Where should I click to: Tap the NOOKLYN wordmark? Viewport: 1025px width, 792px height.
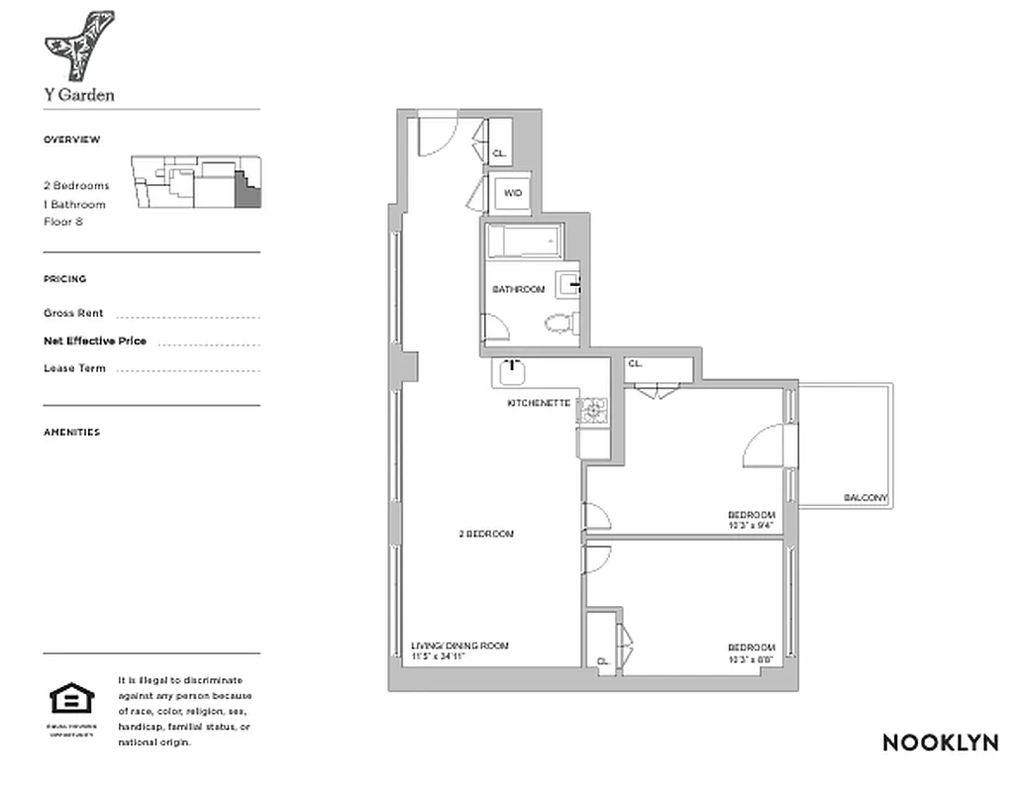(x=940, y=742)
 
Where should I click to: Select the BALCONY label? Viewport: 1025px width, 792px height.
(x=866, y=498)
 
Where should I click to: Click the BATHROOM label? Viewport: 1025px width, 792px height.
(x=519, y=289)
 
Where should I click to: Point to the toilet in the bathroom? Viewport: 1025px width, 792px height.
(x=561, y=322)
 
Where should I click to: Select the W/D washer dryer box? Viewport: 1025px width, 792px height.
(x=514, y=193)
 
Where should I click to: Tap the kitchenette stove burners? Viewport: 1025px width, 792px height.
(x=593, y=411)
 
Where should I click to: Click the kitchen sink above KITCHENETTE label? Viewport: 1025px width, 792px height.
(x=512, y=373)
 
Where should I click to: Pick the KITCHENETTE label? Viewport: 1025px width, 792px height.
(x=539, y=404)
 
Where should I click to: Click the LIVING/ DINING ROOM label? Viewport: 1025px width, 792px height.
(x=460, y=645)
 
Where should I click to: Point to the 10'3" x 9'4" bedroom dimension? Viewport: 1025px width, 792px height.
(x=752, y=526)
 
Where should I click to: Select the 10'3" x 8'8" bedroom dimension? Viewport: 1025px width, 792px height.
(x=752, y=659)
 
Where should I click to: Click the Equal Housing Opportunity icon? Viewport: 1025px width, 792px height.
(x=71, y=700)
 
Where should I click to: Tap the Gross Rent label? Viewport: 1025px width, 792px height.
(x=73, y=313)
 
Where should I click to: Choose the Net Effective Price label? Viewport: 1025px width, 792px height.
(x=95, y=341)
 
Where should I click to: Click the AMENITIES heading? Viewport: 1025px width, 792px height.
(x=71, y=432)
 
